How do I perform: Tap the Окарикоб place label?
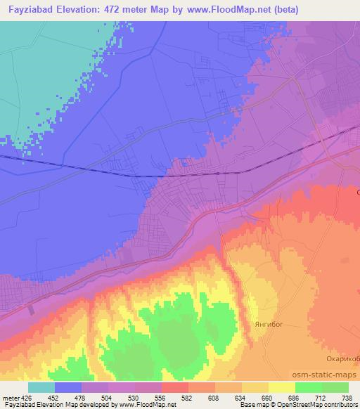[344, 358]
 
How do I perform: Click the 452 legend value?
[54, 398]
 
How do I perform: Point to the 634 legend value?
[241, 398]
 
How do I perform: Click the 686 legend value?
[295, 398]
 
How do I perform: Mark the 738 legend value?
[347, 398]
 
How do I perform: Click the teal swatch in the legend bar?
[41, 387]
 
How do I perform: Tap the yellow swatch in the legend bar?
[282, 387]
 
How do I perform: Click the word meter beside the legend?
[11, 398]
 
